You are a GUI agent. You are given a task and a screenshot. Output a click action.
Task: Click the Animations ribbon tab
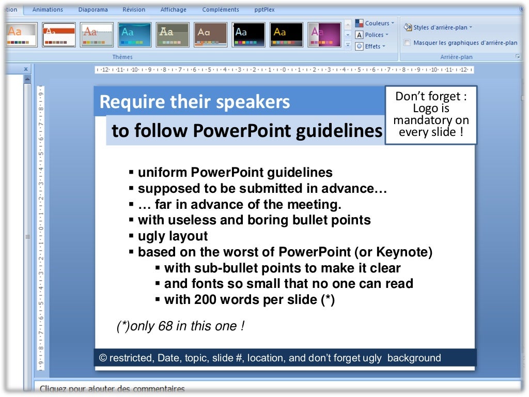pyautogui.click(x=48, y=10)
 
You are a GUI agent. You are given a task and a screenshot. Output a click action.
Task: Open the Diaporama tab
pyautogui.click(x=93, y=10)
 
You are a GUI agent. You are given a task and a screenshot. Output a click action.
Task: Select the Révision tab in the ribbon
pyautogui.click(x=134, y=10)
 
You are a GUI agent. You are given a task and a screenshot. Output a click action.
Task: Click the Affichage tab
pyautogui.click(x=174, y=10)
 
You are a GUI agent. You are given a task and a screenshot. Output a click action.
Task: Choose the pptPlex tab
pyautogui.click(x=265, y=10)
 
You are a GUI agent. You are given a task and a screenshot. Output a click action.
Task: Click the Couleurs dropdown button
pyautogui.click(x=375, y=23)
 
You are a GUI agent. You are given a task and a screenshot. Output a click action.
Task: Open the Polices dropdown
pyautogui.click(x=372, y=35)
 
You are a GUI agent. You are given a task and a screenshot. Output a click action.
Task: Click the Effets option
pyautogui.click(x=371, y=46)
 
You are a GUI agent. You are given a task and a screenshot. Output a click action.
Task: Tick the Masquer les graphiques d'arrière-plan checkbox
pyautogui.click(x=408, y=43)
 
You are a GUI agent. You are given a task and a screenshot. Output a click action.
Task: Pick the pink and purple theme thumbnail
pyautogui.click(x=324, y=35)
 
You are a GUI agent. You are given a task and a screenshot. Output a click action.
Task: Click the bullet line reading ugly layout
pyautogui.click(x=173, y=236)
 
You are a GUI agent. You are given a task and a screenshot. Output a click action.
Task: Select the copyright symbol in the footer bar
pyautogui.click(x=102, y=358)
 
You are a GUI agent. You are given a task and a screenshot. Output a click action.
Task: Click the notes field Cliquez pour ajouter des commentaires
pyautogui.click(x=112, y=389)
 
